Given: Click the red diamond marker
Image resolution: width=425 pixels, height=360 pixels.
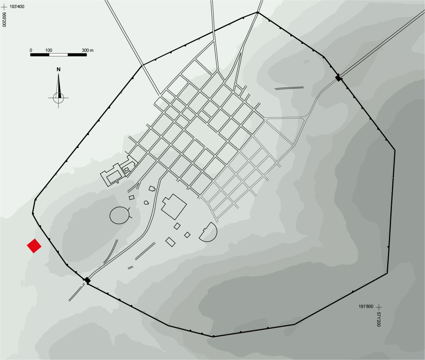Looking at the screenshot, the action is click(x=34, y=246).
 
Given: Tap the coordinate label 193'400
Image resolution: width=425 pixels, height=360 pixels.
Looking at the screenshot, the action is click(x=17, y=7).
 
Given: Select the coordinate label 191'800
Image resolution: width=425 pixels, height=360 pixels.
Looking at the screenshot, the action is click(x=366, y=306).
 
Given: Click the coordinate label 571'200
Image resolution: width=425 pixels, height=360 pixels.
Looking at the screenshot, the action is click(x=379, y=319).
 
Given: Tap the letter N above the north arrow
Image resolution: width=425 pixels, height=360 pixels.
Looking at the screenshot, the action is click(x=59, y=69).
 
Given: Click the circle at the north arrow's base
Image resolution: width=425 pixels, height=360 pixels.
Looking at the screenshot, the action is click(x=59, y=98).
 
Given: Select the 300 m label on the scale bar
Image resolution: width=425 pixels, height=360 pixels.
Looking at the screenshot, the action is click(x=88, y=50).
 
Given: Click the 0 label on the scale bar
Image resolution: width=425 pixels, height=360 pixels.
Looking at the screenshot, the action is click(x=31, y=50).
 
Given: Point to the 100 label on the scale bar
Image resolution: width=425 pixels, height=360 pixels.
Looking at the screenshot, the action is click(x=49, y=50).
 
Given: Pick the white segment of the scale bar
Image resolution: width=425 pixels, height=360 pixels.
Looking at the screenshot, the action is click(x=59, y=55).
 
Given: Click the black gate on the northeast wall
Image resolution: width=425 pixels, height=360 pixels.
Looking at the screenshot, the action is click(x=338, y=78).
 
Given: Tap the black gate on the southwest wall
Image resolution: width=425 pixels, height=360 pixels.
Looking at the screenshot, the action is click(x=87, y=280).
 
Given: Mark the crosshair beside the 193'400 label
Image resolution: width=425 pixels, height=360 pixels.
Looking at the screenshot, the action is click(x=4, y=7).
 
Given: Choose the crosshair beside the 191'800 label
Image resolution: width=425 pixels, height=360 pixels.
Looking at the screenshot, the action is click(x=379, y=307).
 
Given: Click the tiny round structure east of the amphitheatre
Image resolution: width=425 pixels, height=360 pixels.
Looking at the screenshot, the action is click(x=146, y=203).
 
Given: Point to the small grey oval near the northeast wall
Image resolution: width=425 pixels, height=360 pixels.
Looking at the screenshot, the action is click(x=306, y=62).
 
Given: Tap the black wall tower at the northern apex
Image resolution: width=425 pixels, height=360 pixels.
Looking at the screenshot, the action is click(x=257, y=12).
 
